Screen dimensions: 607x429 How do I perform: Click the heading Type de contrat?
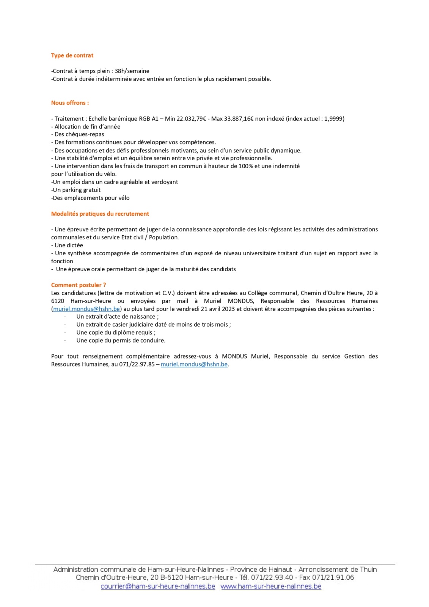72,55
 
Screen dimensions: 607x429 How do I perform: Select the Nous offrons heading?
70,103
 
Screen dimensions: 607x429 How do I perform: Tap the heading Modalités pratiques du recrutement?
100,214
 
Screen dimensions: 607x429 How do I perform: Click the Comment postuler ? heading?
79,285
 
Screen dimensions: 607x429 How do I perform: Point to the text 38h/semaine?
132,71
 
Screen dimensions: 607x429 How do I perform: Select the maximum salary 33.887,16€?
239,119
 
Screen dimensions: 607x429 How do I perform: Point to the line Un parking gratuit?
76,190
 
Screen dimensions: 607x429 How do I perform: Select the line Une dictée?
67,245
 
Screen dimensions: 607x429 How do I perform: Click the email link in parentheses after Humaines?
86,309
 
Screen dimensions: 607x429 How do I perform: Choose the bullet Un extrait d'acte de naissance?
118,317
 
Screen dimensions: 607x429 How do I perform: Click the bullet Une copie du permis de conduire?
121,341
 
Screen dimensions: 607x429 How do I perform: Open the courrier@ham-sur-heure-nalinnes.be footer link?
158,587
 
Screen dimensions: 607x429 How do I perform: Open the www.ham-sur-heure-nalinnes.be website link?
271,587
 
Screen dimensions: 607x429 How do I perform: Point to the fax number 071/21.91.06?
333,578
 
